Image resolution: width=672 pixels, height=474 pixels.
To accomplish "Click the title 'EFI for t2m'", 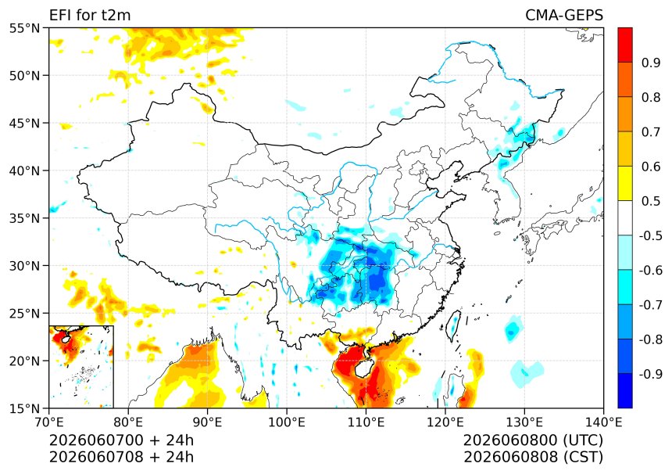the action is [x=90, y=15].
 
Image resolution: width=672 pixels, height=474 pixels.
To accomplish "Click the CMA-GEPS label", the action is [x=564, y=15].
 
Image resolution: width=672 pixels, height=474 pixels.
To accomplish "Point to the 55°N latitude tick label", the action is [x=24, y=28].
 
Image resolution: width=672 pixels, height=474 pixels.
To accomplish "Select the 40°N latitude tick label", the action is [x=24, y=171].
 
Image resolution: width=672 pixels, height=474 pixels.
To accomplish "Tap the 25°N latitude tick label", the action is [x=24, y=314].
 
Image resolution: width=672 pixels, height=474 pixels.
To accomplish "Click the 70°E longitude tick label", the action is [x=49, y=422].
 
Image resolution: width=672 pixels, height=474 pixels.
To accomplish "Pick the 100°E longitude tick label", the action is [x=287, y=422].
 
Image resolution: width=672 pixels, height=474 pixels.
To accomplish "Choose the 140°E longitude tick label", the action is [x=603, y=422].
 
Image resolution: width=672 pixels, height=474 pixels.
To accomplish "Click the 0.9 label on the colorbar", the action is [x=651, y=63].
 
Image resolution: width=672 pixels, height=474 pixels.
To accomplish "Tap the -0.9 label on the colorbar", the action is [x=651, y=374].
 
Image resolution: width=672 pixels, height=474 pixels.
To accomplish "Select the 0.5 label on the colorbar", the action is [x=651, y=201].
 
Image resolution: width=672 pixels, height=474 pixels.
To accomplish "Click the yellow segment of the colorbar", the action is [x=625, y=183].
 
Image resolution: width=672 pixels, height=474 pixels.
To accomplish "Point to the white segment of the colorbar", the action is [x=625, y=218].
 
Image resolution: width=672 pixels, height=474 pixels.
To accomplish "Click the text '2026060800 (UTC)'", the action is [x=533, y=440].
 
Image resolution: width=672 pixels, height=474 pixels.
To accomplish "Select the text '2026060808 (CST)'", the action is [x=533, y=457].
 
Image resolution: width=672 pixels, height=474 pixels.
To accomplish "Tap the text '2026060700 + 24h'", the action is [x=121, y=440].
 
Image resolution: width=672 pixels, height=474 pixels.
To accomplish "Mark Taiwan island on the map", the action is [x=454, y=325].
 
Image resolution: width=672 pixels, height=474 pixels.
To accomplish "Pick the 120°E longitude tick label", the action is [x=445, y=422].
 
